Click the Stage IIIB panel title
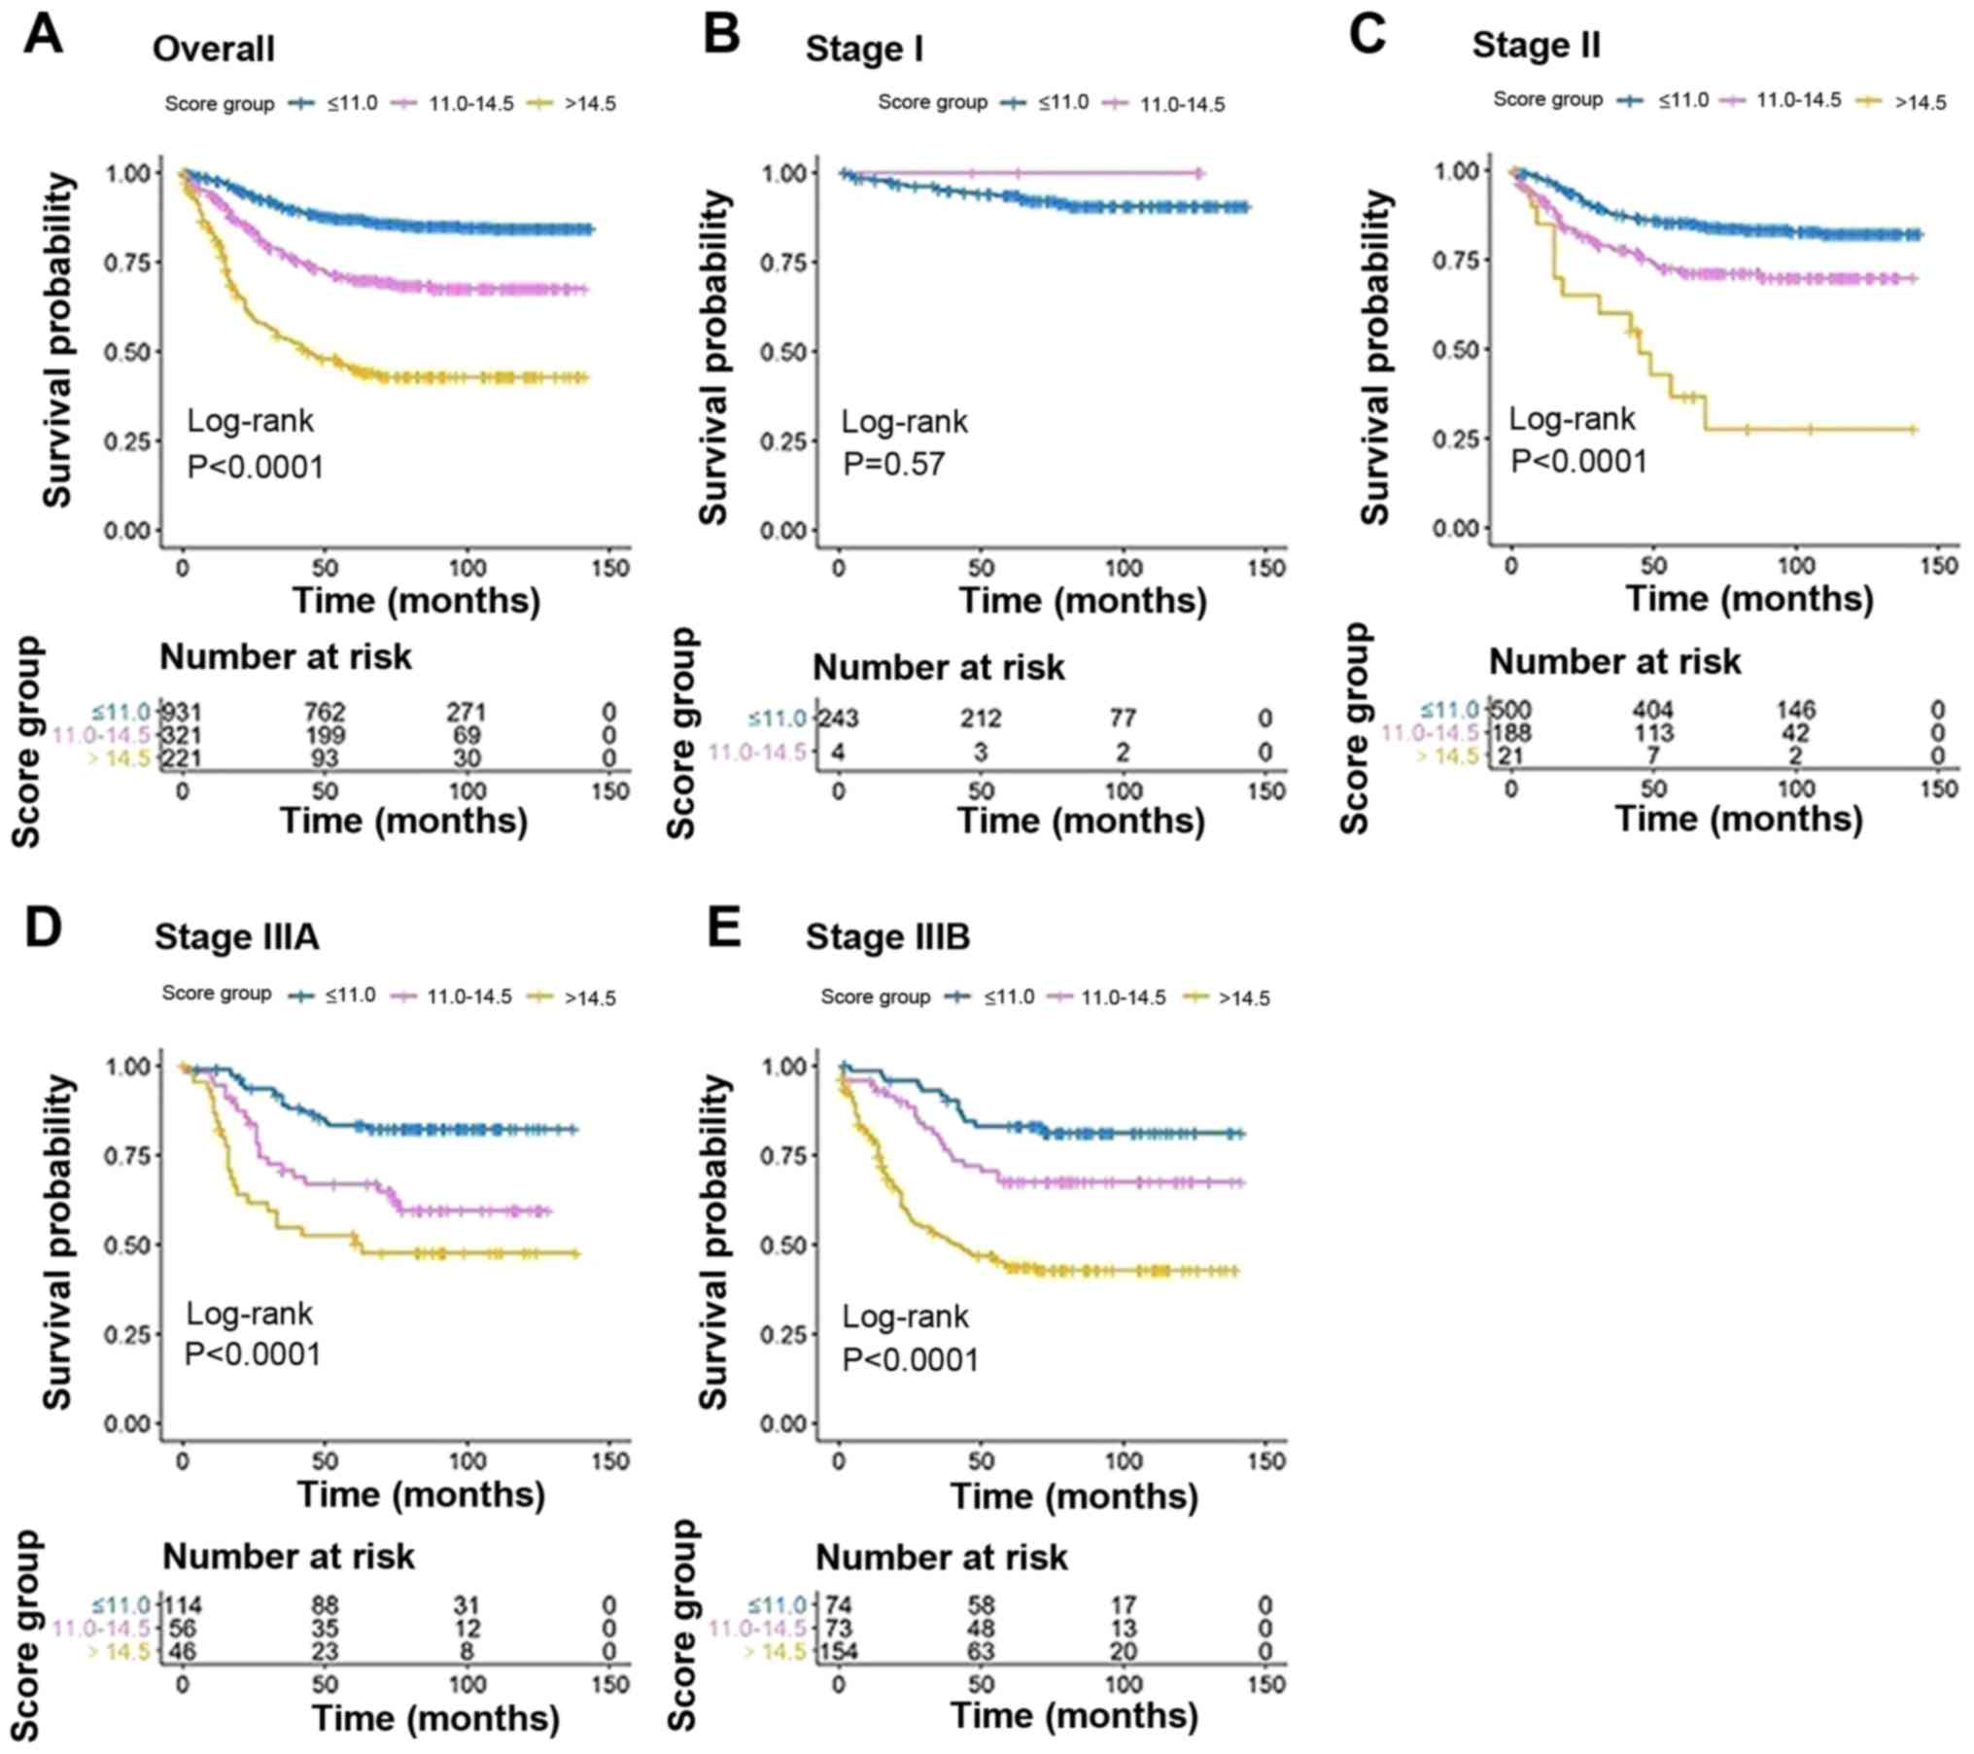click(x=887, y=936)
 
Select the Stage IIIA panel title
click(x=236, y=936)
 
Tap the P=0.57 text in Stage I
click(x=894, y=464)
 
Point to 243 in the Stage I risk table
click(x=839, y=719)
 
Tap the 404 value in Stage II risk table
click(x=1653, y=710)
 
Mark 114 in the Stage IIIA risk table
click(x=182, y=1605)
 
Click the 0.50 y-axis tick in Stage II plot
click(x=1455, y=349)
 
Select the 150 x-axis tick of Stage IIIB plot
click(x=1265, y=1460)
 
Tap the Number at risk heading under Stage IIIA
click(x=288, y=1557)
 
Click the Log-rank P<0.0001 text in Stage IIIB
click(x=910, y=1338)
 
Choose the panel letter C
click(x=1368, y=36)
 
